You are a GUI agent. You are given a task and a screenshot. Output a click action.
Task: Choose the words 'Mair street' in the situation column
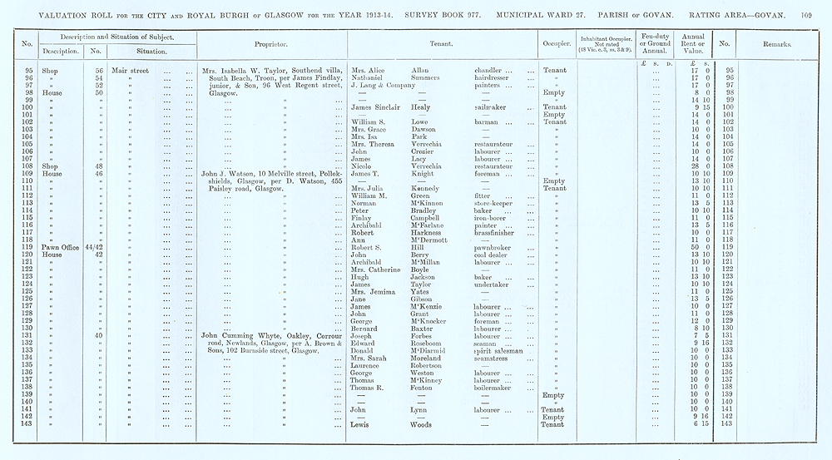[x=130, y=71]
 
